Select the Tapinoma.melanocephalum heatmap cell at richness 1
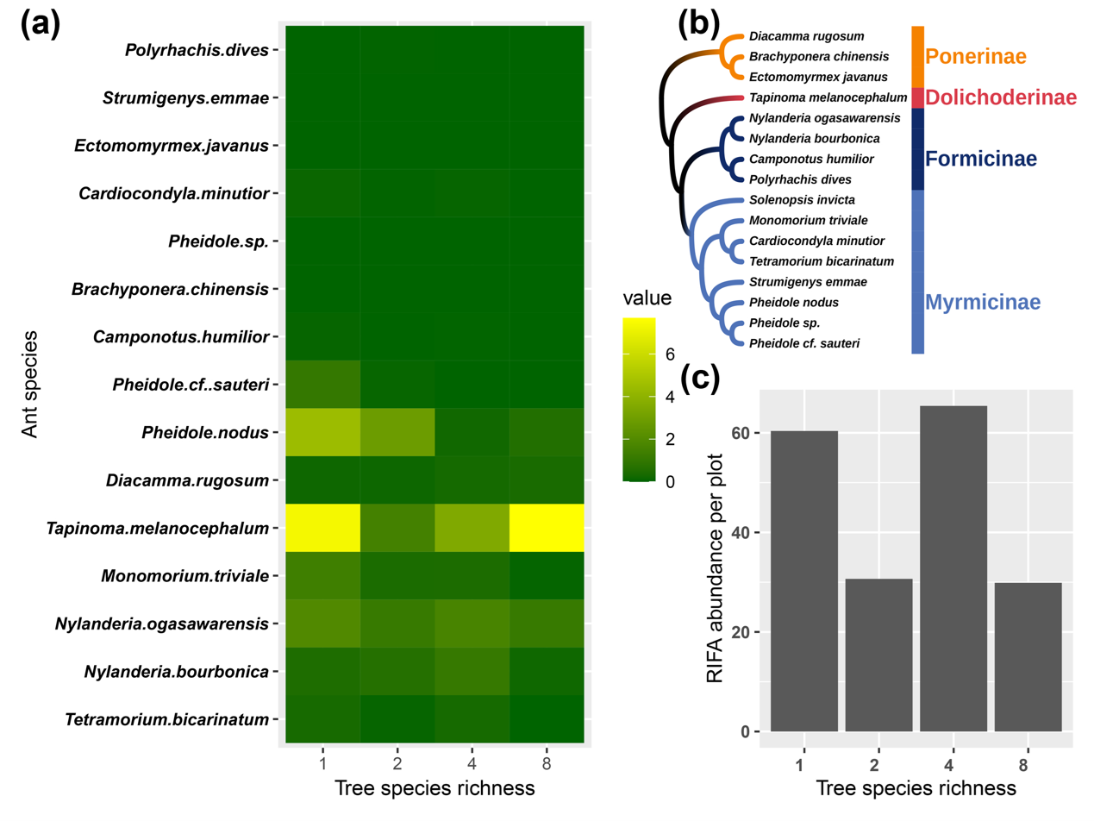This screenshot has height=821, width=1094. click(322, 527)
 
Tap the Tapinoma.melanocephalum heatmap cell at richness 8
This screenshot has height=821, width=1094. click(547, 527)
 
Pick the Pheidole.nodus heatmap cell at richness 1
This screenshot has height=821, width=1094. click(322, 431)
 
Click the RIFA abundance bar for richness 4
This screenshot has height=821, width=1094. click(953, 568)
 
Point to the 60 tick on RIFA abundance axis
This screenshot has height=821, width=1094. click(741, 433)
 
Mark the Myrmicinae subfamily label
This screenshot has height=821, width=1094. click(982, 302)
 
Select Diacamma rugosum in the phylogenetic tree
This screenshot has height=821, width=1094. click(806, 36)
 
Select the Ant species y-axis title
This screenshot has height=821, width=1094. click(30, 384)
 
